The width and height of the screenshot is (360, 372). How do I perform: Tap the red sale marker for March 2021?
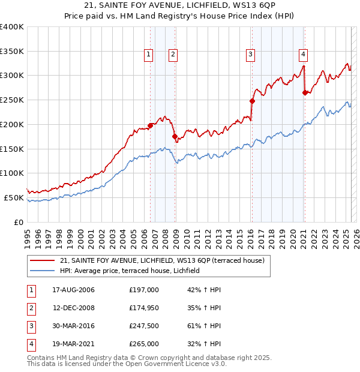[305, 92]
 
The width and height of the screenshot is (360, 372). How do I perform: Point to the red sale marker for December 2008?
[175, 137]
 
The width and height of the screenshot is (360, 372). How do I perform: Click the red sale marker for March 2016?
[252, 101]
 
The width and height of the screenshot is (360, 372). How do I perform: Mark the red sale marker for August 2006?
[150, 125]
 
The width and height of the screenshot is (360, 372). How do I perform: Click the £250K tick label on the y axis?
[11, 100]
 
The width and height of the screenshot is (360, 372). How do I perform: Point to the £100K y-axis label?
[11, 173]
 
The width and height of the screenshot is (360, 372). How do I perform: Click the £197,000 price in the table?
[143, 290]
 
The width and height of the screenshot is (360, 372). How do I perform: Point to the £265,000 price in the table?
[143, 344]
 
